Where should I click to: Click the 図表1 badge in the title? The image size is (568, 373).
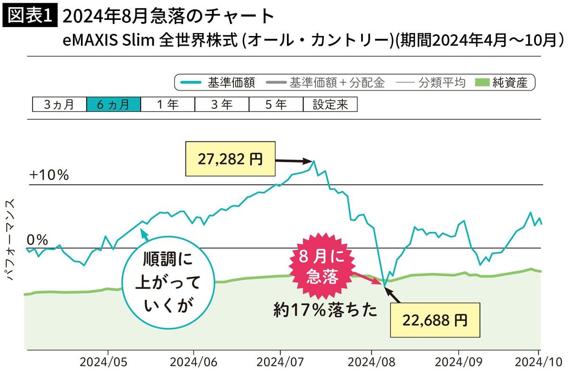click(x=30, y=17)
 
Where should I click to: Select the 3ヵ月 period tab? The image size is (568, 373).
click(x=59, y=105)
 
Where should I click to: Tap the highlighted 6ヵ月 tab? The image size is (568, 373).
click(x=113, y=105)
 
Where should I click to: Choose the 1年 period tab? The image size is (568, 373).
click(x=167, y=105)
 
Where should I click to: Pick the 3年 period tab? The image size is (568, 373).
click(x=221, y=105)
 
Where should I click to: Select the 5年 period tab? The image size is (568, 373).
click(x=275, y=105)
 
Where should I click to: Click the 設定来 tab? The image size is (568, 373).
click(x=330, y=105)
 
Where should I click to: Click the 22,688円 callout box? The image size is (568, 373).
click(x=435, y=320)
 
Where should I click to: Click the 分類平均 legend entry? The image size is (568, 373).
click(x=430, y=83)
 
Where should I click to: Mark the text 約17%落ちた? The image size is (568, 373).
click(x=326, y=310)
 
